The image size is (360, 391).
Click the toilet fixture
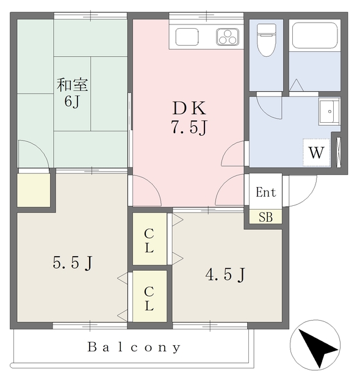(x=267, y=40)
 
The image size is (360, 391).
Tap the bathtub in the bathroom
(x=315, y=35)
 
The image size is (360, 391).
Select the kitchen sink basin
(x=187, y=37)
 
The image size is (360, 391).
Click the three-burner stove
(x=228, y=37)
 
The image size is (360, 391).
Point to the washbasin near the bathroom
(x=329, y=111)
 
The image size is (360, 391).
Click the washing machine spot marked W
(x=317, y=152)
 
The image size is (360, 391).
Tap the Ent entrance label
(x=266, y=192)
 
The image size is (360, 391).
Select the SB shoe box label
(x=265, y=217)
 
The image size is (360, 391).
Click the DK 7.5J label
(x=189, y=117)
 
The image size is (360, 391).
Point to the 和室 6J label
(x=72, y=92)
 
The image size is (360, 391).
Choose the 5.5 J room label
(x=73, y=263)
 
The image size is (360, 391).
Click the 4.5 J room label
(x=225, y=275)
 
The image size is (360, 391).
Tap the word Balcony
(x=134, y=347)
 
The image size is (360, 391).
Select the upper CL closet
(x=149, y=239)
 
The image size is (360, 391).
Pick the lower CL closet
(x=149, y=296)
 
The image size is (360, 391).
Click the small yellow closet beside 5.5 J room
(x=34, y=190)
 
